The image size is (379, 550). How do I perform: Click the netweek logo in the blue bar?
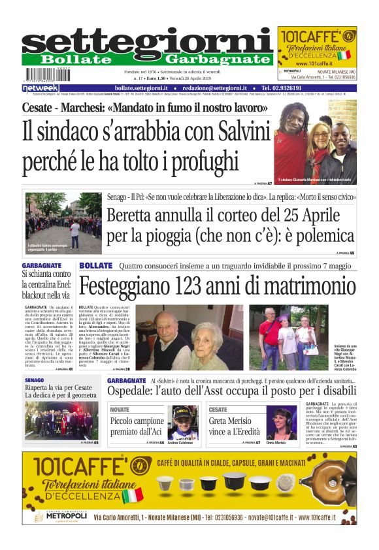point(41,88)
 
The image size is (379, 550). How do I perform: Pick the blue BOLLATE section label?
point(96,266)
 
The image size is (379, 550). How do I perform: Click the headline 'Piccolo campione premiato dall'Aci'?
point(137,427)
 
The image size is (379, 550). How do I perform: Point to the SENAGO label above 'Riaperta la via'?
point(34,380)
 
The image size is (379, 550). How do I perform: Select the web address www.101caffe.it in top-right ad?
point(316,63)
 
